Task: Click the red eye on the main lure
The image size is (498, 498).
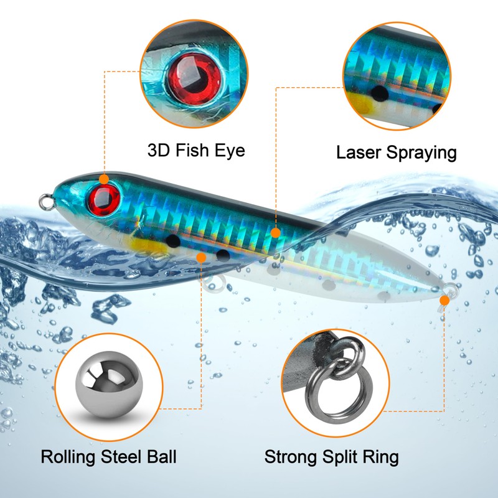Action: (x=103, y=200)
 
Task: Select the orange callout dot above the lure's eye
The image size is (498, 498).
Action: (x=104, y=179)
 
